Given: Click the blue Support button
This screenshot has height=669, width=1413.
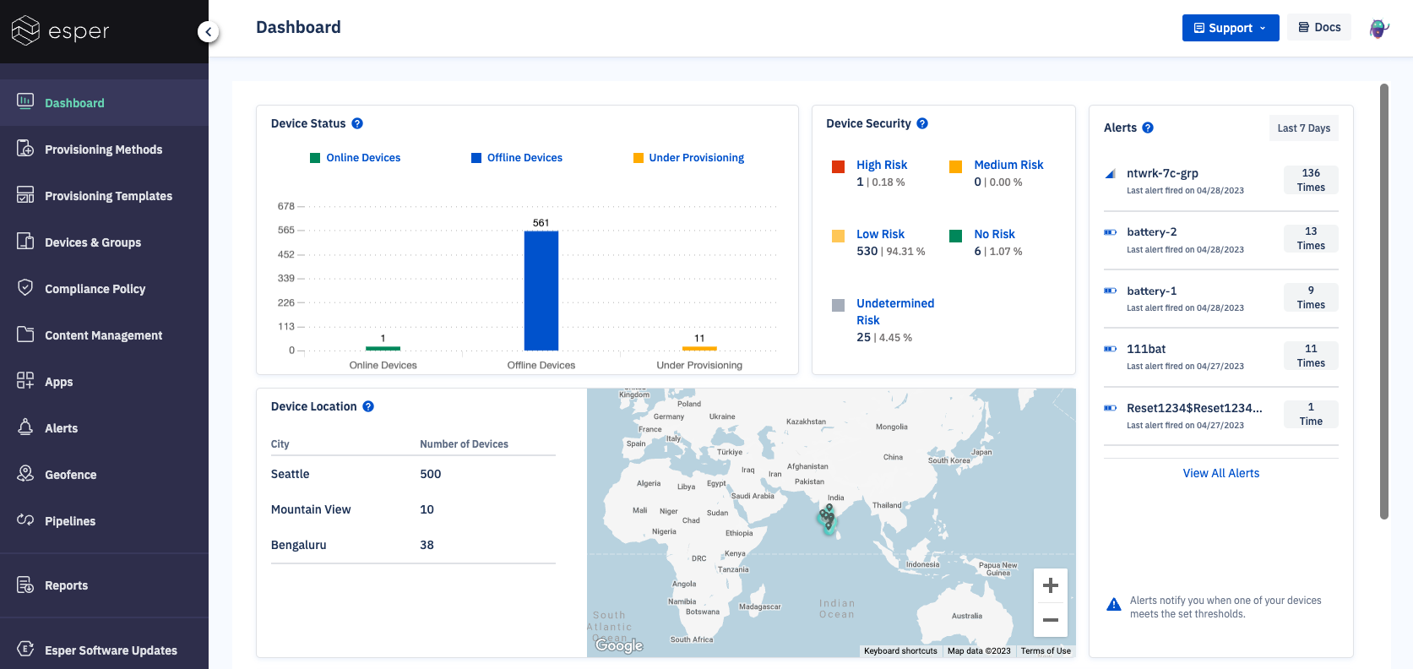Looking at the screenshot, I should [x=1230, y=28].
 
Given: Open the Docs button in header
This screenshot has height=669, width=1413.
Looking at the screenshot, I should [x=1319, y=27].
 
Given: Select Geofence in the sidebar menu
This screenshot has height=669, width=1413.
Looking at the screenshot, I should [x=70, y=475].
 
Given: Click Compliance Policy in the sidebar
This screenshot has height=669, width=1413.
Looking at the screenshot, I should [x=95, y=289].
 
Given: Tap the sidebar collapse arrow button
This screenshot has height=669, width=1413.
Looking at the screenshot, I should [x=208, y=32].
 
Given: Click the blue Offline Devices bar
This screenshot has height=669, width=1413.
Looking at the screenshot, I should [x=541, y=291].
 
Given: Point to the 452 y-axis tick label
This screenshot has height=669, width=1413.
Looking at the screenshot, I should [x=285, y=254].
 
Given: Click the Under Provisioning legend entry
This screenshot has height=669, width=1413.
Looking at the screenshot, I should [x=696, y=158].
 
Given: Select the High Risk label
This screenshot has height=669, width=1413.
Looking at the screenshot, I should [x=881, y=165].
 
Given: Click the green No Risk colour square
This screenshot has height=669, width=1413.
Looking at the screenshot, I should [x=955, y=236].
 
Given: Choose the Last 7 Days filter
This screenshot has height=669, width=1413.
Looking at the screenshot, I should [x=1303, y=128].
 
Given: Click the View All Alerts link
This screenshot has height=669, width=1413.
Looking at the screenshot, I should [x=1220, y=473].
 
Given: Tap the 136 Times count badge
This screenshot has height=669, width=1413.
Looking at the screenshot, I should [x=1310, y=180].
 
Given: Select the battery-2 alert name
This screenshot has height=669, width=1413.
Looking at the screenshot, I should [x=1151, y=231].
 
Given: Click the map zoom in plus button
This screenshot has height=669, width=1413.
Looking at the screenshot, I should [x=1050, y=585].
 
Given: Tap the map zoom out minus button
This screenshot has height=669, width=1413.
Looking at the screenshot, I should [x=1050, y=620].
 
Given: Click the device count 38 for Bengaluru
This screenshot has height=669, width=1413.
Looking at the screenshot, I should [x=427, y=545].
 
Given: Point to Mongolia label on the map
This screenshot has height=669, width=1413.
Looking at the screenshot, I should [x=891, y=427].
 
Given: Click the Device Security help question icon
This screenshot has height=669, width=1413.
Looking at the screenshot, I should [x=922, y=123].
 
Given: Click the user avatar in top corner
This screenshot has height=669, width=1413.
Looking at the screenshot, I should [x=1378, y=28].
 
